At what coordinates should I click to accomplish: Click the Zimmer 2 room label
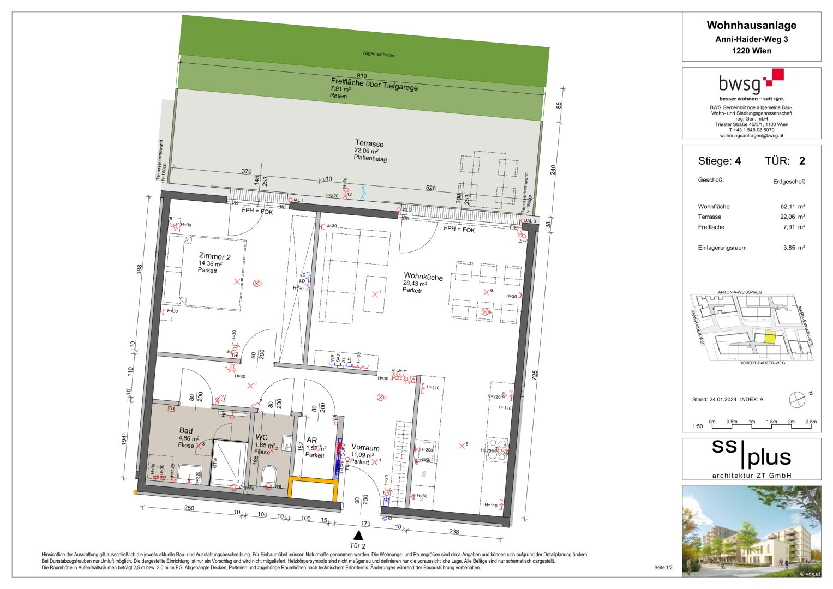pyautogui.click(x=214, y=256)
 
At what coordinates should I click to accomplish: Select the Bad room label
pyautogui.click(x=185, y=430)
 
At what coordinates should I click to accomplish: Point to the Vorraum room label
pyautogui.click(x=365, y=448)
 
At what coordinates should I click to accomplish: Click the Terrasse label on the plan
pyautogui.click(x=369, y=143)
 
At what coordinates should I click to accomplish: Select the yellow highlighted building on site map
pyautogui.click(x=769, y=338)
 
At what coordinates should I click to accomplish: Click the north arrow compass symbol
pyautogui.click(x=797, y=399)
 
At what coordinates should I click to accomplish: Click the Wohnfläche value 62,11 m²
pyautogui.click(x=793, y=207)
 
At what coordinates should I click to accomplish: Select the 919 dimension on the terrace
pyautogui.click(x=362, y=76)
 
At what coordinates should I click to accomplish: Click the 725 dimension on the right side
pyautogui.click(x=534, y=375)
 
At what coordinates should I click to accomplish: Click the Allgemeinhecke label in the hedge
pyautogui.click(x=379, y=54)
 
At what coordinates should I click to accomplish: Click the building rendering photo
pyautogui.click(x=751, y=531)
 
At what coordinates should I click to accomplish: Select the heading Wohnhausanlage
pyautogui.click(x=751, y=25)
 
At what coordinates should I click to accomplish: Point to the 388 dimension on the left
pyautogui.click(x=139, y=269)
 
